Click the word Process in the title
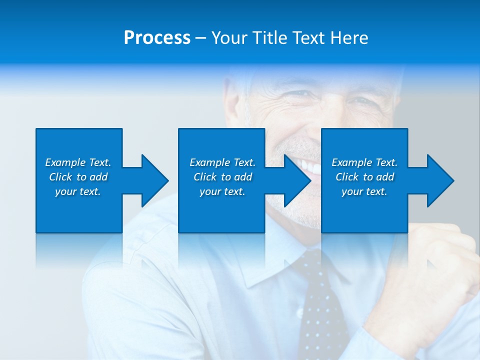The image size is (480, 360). click(157, 37)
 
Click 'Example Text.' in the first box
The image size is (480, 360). click(78, 162)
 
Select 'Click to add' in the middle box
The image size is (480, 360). click(222, 177)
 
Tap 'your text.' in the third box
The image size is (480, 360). click(364, 191)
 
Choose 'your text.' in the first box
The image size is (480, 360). click(78, 191)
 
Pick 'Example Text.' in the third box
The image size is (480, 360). click(364, 162)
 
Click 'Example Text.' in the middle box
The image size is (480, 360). click(222, 162)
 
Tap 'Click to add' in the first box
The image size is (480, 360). click(78, 177)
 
